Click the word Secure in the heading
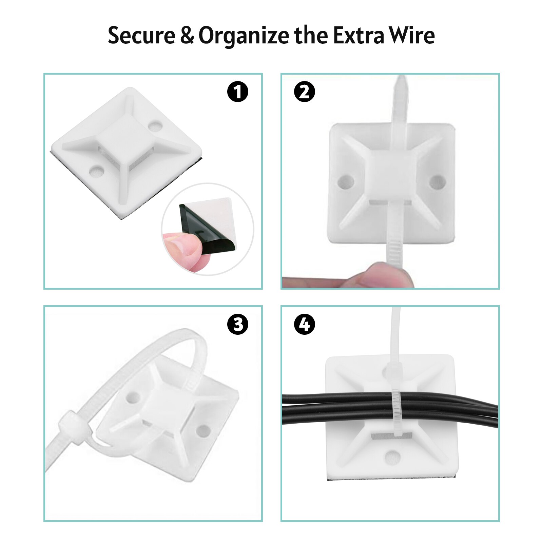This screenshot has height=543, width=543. (x=141, y=36)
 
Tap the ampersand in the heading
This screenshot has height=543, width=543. (x=187, y=36)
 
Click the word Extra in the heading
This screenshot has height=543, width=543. (x=358, y=36)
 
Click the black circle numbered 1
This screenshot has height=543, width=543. (x=238, y=92)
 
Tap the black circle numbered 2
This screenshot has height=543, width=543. (x=305, y=92)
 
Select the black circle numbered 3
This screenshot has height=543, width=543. (x=238, y=324)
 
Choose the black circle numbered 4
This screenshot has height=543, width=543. (x=305, y=324)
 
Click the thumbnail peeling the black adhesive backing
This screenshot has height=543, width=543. (x=208, y=229)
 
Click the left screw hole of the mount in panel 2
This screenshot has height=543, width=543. (x=346, y=182)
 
